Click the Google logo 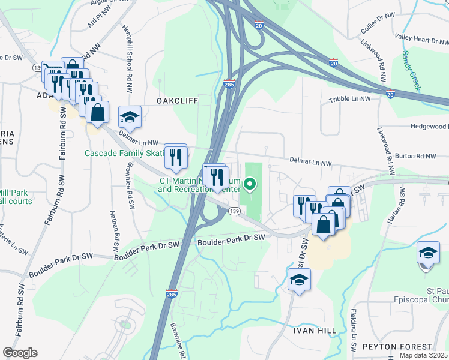click(x=20, y=353)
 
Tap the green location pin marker click(x=252, y=184)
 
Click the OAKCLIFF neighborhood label click(x=178, y=100)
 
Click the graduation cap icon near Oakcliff click(x=130, y=116)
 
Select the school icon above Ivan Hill click(x=298, y=280)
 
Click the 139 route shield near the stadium click(x=234, y=211)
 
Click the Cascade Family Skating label click(x=124, y=154)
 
